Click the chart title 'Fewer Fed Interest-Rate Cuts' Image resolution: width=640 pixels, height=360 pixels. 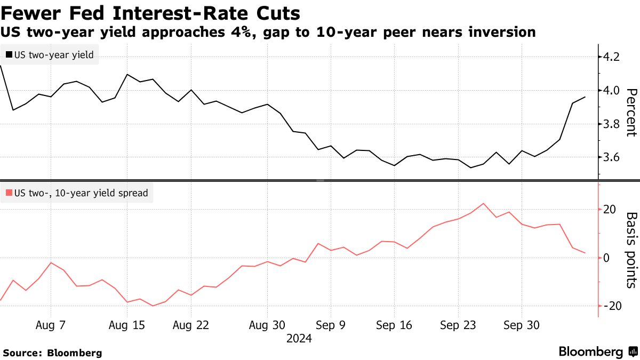point(151,12)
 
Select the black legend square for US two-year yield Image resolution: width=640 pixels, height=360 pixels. point(9,54)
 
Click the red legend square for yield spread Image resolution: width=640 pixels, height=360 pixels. point(9,193)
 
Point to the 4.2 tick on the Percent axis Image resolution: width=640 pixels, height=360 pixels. point(610,57)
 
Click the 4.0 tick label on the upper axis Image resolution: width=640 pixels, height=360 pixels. point(610,90)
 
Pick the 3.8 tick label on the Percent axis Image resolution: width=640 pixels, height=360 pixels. point(610,124)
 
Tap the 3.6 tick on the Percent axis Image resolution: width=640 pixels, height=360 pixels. point(610,157)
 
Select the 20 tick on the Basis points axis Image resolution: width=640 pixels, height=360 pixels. point(610,209)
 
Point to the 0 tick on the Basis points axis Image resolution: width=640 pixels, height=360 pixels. point(606,258)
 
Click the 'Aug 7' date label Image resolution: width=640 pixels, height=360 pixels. point(51,325)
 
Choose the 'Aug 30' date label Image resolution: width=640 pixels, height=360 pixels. point(267,325)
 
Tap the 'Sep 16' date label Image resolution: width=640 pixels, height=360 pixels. point(394,325)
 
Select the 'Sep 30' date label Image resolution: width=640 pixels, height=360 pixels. point(521,325)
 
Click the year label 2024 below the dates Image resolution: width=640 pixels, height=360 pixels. point(299,338)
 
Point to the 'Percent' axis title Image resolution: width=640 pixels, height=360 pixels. point(630,113)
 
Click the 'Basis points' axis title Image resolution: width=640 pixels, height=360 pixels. point(630,250)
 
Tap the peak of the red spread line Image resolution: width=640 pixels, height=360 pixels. point(483,204)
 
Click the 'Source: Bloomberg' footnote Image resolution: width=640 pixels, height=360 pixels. point(52,353)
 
